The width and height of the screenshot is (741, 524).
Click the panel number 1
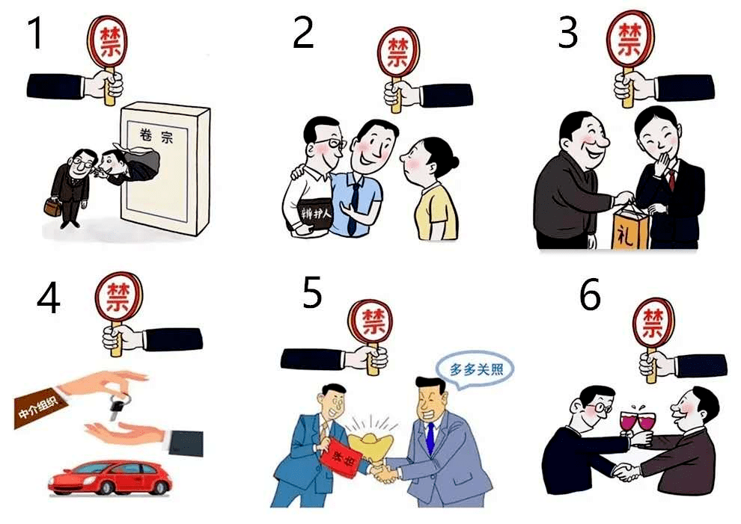click(35, 34)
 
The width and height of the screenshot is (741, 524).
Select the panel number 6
click(590, 296)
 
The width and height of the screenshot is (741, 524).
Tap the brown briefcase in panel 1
click(52, 206)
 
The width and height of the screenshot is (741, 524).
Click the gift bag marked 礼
click(627, 226)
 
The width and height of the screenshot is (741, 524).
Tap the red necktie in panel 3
click(671, 179)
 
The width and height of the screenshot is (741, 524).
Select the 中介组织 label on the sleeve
click(40, 411)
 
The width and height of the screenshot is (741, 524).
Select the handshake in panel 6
click(626, 472)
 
